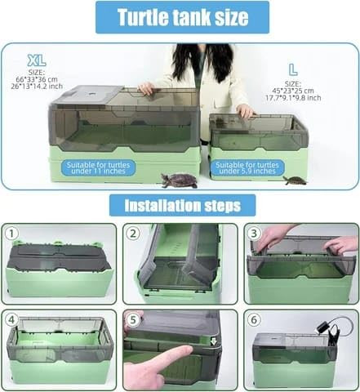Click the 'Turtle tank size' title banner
click(182, 17)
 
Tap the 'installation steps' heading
click(182, 205)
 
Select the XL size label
click(37, 60)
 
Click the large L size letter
click(293, 69)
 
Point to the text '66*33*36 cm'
click(37, 79)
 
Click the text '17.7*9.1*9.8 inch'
click(293, 98)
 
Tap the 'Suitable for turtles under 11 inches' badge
click(98, 168)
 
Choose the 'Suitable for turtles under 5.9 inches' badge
click(247, 168)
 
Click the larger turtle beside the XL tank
click(179, 180)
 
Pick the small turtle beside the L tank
click(295, 180)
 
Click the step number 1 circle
click(11, 234)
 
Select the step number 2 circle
click(133, 234)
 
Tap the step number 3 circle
click(254, 234)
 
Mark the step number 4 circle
click(11, 320)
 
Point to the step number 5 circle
click(133, 320)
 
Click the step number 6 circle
click(254, 320)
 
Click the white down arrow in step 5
click(214, 342)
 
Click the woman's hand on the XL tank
click(146, 88)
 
